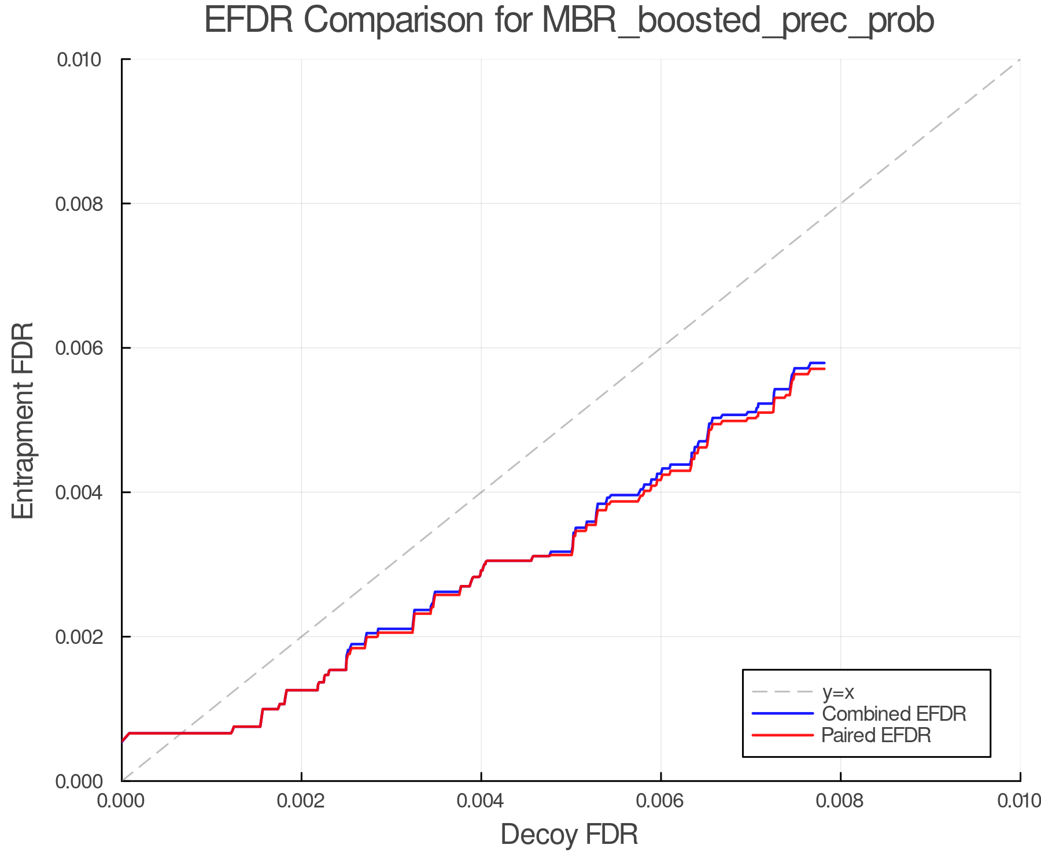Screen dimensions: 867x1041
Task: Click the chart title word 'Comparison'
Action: (393, 21)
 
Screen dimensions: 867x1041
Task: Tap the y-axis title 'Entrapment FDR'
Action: (23, 420)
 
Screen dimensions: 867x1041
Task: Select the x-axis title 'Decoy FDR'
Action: (569, 835)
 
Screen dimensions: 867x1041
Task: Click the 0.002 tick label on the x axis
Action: (301, 801)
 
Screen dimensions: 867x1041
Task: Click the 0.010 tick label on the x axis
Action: (1019, 801)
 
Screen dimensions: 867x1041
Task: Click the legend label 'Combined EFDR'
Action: (894, 714)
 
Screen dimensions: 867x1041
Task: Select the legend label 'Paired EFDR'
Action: (876, 735)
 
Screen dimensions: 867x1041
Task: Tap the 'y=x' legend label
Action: (838, 692)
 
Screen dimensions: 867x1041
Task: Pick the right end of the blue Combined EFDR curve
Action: (824, 363)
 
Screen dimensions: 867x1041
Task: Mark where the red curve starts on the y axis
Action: (123, 741)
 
